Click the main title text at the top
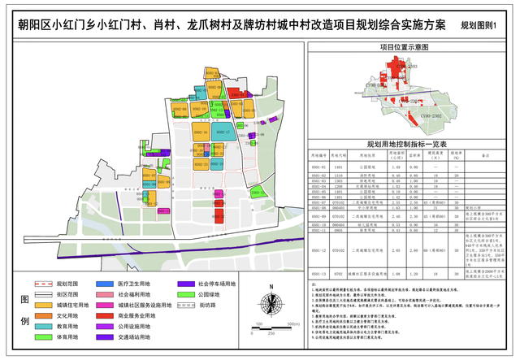pos(232,24)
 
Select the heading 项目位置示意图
pos(409,48)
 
